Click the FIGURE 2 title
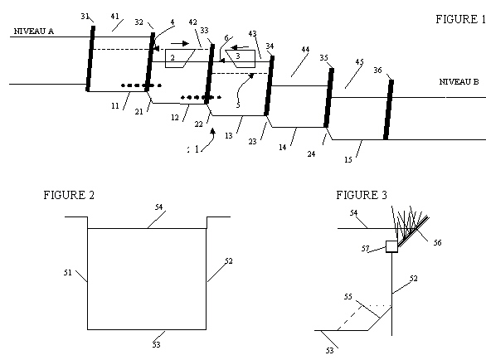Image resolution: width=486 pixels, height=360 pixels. point(69,195)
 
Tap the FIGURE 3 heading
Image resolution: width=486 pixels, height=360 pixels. point(362,195)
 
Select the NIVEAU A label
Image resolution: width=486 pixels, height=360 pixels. point(34,31)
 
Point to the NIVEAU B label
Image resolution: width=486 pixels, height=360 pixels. point(459,81)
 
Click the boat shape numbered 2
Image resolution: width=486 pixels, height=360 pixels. point(180,58)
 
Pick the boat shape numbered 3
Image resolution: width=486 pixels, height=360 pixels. point(241,59)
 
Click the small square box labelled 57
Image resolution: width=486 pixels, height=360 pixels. point(391,246)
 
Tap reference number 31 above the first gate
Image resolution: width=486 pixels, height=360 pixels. point(85,16)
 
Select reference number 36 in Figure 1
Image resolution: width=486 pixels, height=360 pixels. point(377,71)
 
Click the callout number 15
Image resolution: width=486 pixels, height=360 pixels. point(348,159)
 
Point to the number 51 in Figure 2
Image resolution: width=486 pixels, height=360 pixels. point(67,273)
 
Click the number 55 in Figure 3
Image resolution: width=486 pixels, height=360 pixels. point(348,297)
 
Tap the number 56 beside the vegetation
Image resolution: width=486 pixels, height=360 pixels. point(437,242)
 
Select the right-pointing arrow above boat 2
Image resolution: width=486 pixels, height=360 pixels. point(180,43)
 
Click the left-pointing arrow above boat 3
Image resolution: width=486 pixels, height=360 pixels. point(240,47)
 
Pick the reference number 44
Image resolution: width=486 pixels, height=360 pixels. point(305,49)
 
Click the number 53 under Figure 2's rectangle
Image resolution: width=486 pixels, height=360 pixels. point(157,344)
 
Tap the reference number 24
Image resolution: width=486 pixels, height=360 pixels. point(312,153)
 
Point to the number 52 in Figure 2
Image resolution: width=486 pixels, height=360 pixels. point(228,261)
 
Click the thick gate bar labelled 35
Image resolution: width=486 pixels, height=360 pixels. point(328,98)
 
